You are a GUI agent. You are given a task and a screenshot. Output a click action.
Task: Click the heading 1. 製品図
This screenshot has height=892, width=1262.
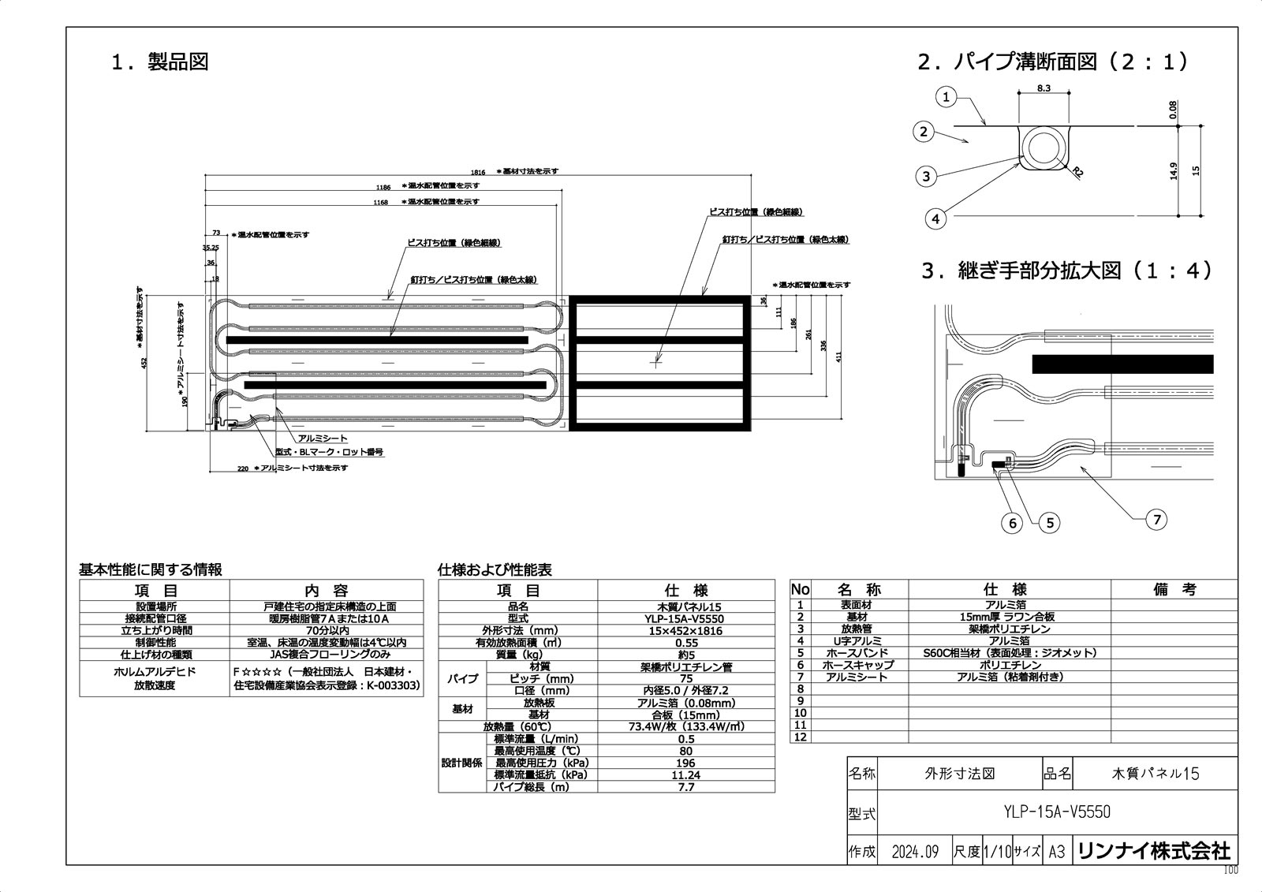[x=160, y=62]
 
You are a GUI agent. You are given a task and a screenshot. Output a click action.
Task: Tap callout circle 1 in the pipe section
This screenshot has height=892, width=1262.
[x=946, y=98]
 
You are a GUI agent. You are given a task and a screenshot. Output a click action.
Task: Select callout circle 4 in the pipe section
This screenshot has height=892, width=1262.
[x=935, y=218]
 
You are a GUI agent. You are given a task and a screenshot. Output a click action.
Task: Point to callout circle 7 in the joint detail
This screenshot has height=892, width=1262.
[x=1157, y=519]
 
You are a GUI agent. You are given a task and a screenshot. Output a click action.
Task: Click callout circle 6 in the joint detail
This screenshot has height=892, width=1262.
[x=1013, y=522]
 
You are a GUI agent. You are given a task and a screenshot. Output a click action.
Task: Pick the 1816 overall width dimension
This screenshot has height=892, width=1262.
[x=478, y=172]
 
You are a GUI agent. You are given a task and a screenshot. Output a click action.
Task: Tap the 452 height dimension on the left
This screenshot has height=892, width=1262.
[x=144, y=362]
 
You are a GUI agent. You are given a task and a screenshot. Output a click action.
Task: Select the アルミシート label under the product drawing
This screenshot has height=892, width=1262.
[x=323, y=439]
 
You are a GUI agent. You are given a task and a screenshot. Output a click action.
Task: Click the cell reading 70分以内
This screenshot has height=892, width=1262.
[x=326, y=630]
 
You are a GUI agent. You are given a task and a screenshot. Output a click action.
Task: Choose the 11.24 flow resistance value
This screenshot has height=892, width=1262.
[x=685, y=774]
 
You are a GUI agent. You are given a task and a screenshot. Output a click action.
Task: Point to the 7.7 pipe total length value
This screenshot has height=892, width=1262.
[x=685, y=786]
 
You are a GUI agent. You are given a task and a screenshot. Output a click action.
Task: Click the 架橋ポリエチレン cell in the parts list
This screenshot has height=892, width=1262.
[x=1009, y=629]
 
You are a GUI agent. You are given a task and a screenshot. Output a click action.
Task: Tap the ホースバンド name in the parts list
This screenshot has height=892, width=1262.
[x=857, y=652]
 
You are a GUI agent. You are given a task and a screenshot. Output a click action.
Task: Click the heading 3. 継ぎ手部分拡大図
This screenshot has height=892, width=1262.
[x=1067, y=271]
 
